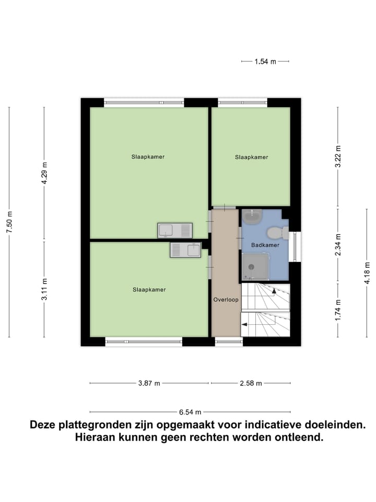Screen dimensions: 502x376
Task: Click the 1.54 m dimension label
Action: point(265,62)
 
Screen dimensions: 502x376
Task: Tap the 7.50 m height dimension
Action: point(9,222)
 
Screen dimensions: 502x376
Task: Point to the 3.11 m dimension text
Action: point(44,289)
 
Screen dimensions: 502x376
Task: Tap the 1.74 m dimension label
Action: point(338,310)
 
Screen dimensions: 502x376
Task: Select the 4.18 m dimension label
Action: point(367,272)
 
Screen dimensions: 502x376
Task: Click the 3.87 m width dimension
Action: point(149,383)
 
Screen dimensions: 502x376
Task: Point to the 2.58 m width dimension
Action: point(251,383)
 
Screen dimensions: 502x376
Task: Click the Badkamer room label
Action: point(265,245)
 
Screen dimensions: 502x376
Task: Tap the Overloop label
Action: point(226,300)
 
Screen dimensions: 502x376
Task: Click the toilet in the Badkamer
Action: point(276,232)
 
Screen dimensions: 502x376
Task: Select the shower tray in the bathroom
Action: point(255,266)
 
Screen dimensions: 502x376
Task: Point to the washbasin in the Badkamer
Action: point(252,216)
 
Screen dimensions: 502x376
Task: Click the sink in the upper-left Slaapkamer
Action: point(175,230)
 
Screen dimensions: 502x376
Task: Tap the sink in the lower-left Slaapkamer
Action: point(185,250)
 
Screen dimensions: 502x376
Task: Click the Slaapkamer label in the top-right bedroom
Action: point(251,157)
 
